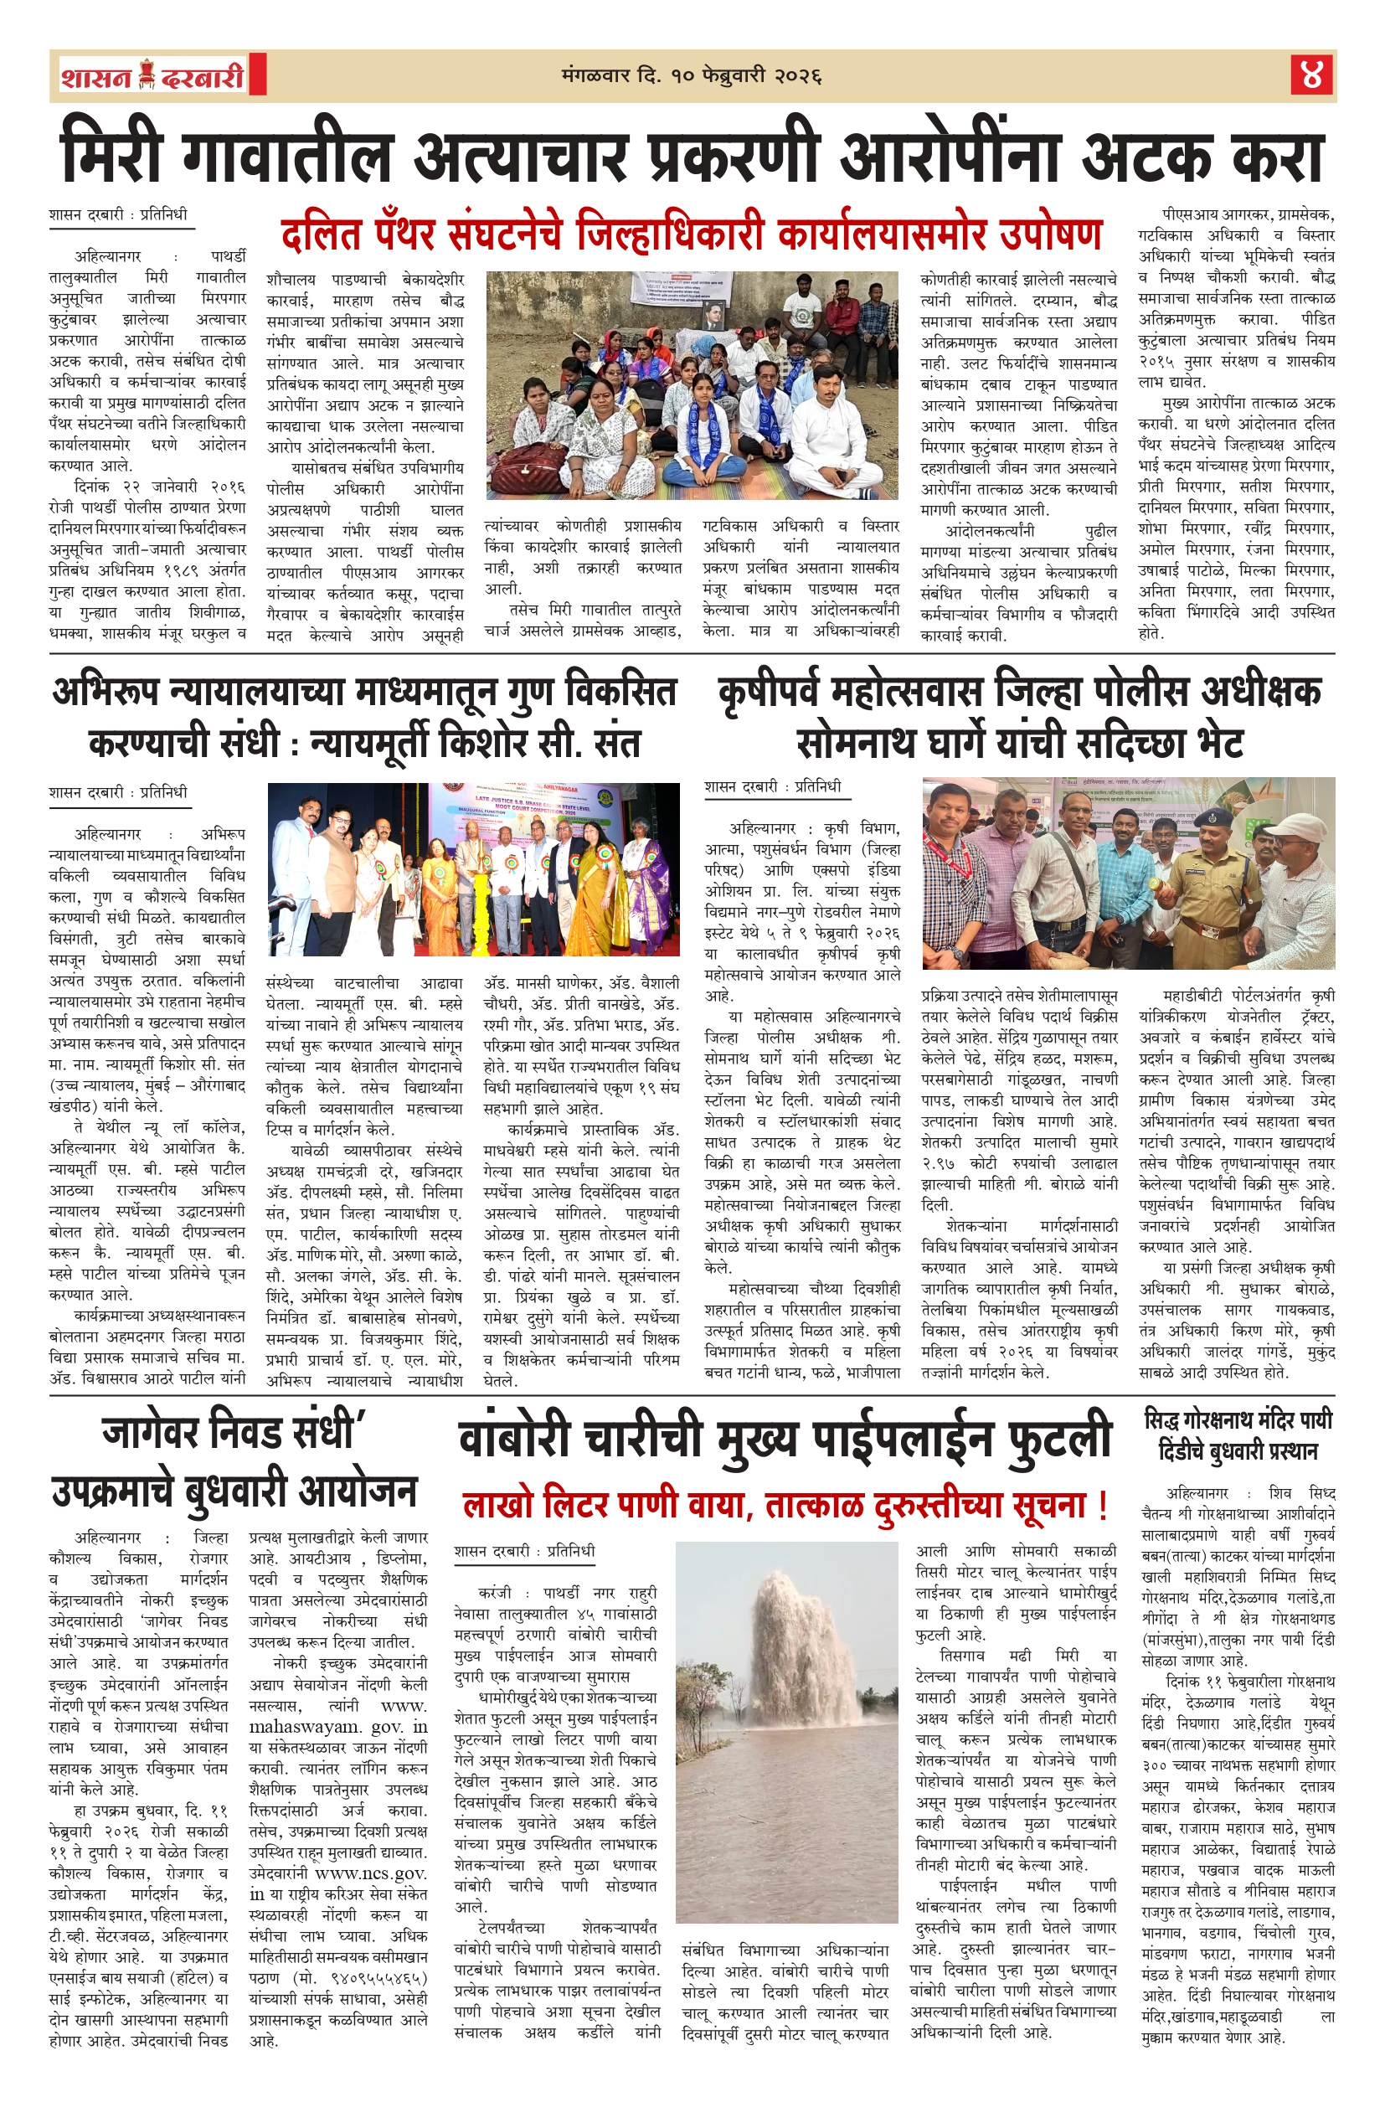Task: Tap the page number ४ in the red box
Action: [x=1310, y=75]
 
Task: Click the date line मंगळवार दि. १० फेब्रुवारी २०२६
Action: [x=692, y=76]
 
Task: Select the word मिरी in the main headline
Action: [x=112, y=156]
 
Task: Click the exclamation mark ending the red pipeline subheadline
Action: [x=1101, y=1502]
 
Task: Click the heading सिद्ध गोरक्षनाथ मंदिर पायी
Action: [x=1237, y=1420]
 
